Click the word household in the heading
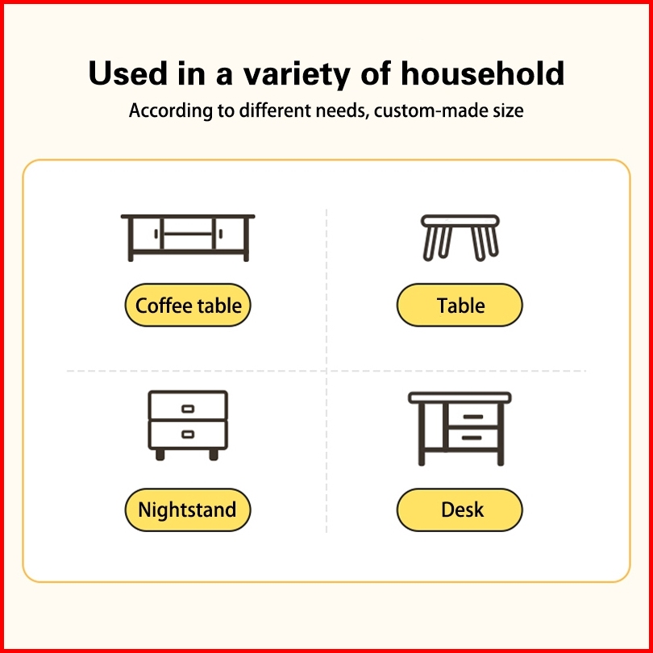[483, 73]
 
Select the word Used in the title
[127, 73]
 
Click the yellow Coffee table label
[188, 305]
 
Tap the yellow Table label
[460, 305]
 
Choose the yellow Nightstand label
[188, 510]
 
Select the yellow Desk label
[460, 510]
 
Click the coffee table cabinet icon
[188, 238]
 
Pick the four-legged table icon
[460, 238]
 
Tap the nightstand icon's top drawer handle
[188, 409]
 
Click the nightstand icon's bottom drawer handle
[188, 435]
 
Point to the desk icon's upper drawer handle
[472, 417]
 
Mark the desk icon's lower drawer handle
[472, 438]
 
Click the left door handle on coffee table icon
[156, 234]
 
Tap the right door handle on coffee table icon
[220, 234]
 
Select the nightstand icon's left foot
[160, 455]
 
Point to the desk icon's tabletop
[460, 397]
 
